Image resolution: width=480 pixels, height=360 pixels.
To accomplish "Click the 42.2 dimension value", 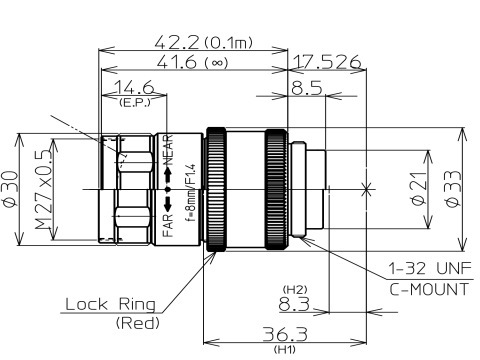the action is click(x=177, y=42).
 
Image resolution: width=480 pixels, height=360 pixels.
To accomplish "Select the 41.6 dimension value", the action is click(x=178, y=62).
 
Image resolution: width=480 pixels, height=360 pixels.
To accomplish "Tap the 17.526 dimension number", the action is click(x=327, y=62).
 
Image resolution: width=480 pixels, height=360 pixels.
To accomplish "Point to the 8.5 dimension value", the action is click(x=307, y=88).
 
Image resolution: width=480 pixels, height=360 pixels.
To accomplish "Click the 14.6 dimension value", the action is click(x=134, y=87).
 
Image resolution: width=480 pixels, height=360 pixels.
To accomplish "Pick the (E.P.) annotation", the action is click(x=135, y=102).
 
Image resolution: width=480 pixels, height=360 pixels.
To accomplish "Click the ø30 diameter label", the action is click(x=10, y=189).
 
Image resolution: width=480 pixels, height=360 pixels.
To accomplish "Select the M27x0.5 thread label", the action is click(x=43, y=190).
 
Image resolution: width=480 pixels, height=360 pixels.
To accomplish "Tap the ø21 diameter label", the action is click(x=419, y=189).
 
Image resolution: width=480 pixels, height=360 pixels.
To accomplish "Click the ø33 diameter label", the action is click(x=453, y=189).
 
